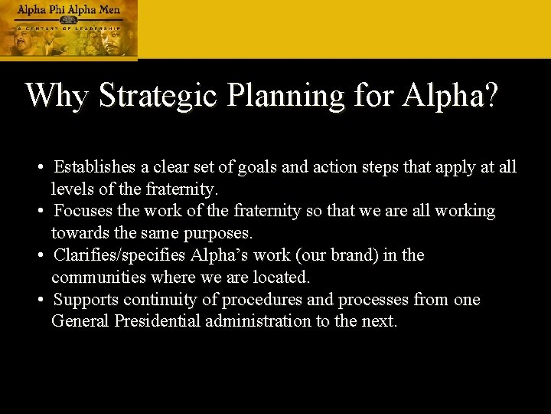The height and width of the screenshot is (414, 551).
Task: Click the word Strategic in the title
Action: coord(158,96)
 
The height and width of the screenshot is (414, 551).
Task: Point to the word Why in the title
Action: coord(58,96)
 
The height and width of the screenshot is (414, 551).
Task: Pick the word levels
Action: coord(72,188)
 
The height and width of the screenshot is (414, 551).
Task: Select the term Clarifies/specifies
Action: coord(119,255)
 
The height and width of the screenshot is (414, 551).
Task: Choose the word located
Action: coord(279,276)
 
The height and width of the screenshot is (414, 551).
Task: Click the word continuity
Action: coord(162,300)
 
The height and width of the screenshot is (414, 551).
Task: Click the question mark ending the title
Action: coord(490,96)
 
